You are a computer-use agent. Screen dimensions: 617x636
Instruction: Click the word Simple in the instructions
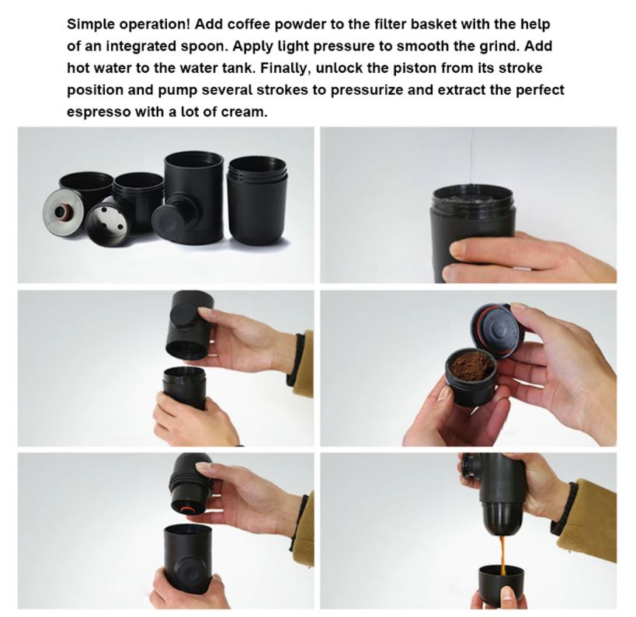[90, 25]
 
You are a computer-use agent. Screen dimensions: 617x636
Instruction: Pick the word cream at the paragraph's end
[243, 112]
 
